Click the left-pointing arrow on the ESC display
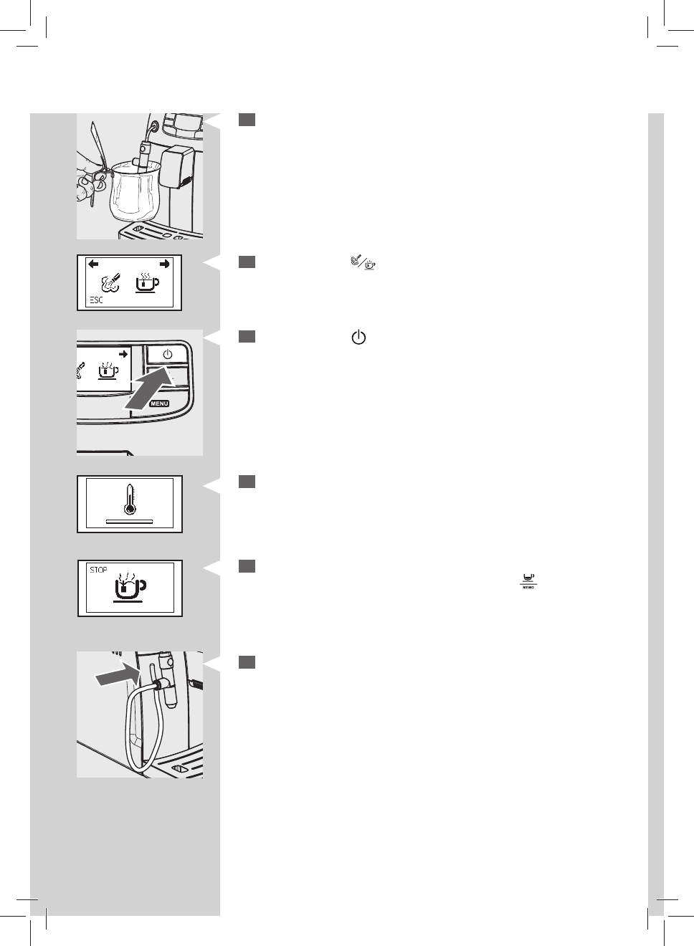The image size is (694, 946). (94, 264)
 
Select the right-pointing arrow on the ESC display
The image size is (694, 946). (165, 264)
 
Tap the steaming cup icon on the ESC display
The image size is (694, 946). (147, 282)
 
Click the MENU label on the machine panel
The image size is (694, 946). (159, 403)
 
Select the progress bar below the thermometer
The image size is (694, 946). (129, 522)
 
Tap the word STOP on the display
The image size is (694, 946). (98, 570)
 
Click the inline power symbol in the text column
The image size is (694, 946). (358, 338)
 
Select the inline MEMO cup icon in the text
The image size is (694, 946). (528, 581)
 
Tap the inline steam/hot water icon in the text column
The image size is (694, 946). (363, 264)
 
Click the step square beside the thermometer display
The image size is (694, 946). (247, 482)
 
